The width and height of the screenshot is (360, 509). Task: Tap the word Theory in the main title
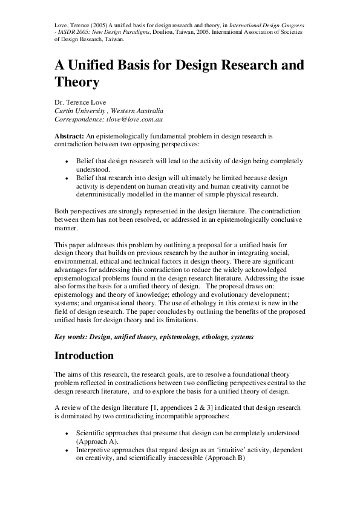76,81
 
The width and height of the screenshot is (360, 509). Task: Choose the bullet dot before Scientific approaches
67,434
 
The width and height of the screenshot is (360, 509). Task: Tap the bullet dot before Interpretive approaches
67,450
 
